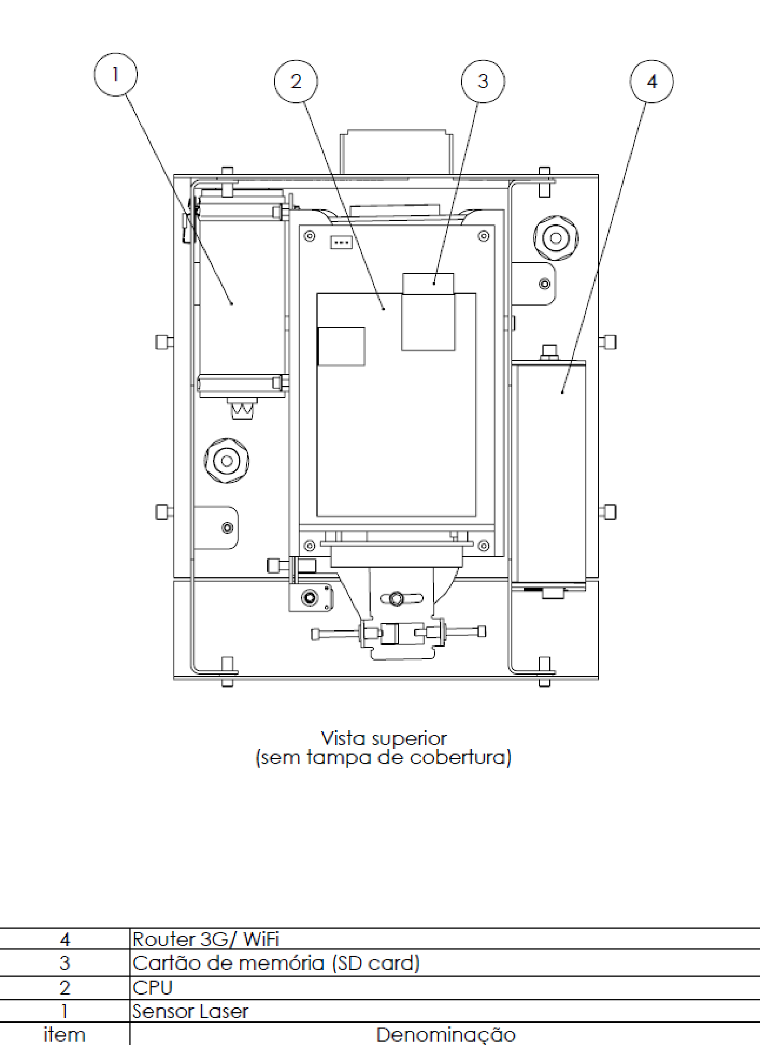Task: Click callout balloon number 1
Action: point(115,75)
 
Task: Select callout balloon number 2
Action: point(296,81)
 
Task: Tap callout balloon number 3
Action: point(483,81)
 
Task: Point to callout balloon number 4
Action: point(652,81)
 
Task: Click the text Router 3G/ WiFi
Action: point(206,939)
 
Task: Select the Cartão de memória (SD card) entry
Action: point(276,963)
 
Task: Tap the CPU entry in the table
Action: point(152,987)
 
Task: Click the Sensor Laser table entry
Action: point(190,1011)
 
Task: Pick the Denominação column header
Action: point(446,1035)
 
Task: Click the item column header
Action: point(64,1035)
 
